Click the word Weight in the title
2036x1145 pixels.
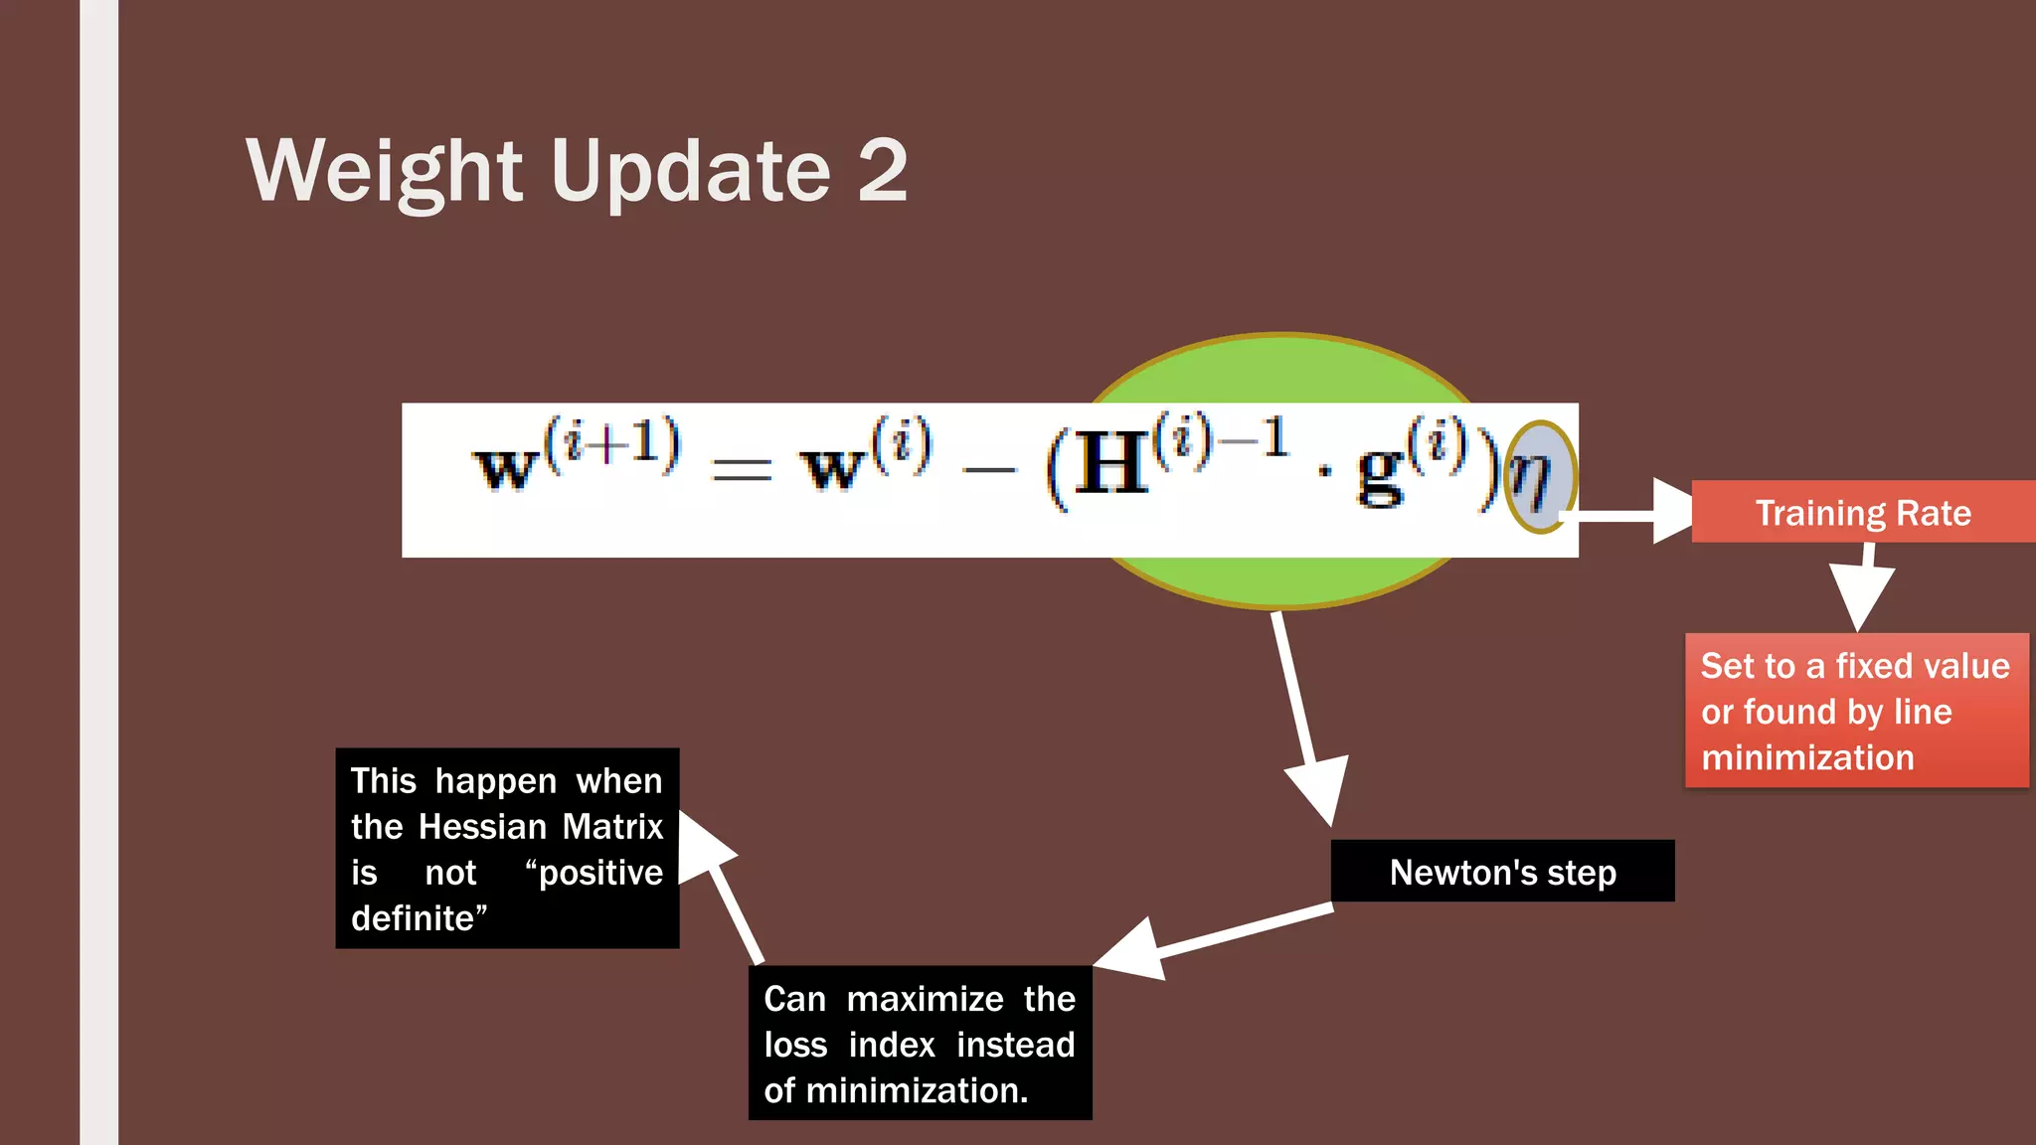384,171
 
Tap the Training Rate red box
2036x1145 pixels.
1862,512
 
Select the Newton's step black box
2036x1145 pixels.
1502,872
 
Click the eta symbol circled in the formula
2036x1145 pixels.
1538,477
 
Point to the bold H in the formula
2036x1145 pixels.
1110,464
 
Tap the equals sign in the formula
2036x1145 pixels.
742,469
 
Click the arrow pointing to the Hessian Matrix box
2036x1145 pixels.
726,885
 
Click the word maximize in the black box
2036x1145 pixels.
925,999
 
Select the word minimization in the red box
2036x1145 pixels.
1806,757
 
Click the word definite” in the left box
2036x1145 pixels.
419,918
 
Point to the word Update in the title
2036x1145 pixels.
690,171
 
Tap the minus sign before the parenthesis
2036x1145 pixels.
989,469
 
